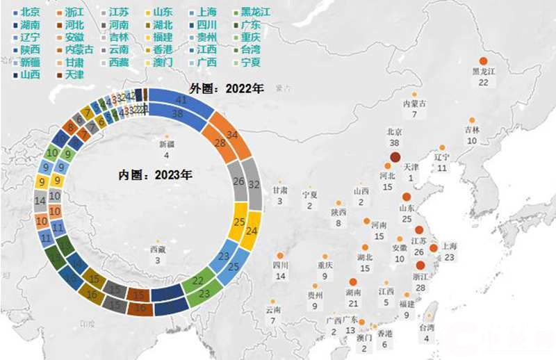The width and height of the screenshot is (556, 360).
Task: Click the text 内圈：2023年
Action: coord(154,174)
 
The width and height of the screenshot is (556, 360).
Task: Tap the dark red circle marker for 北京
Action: coord(395,157)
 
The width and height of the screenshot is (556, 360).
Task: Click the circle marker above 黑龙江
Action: coord(483,61)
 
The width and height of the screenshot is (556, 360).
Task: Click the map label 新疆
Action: coord(167,144)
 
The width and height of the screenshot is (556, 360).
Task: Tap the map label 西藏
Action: coord(158,249)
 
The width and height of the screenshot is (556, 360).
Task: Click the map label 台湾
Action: coord(427,327)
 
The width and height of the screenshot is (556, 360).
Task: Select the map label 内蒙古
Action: coord(414,104)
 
